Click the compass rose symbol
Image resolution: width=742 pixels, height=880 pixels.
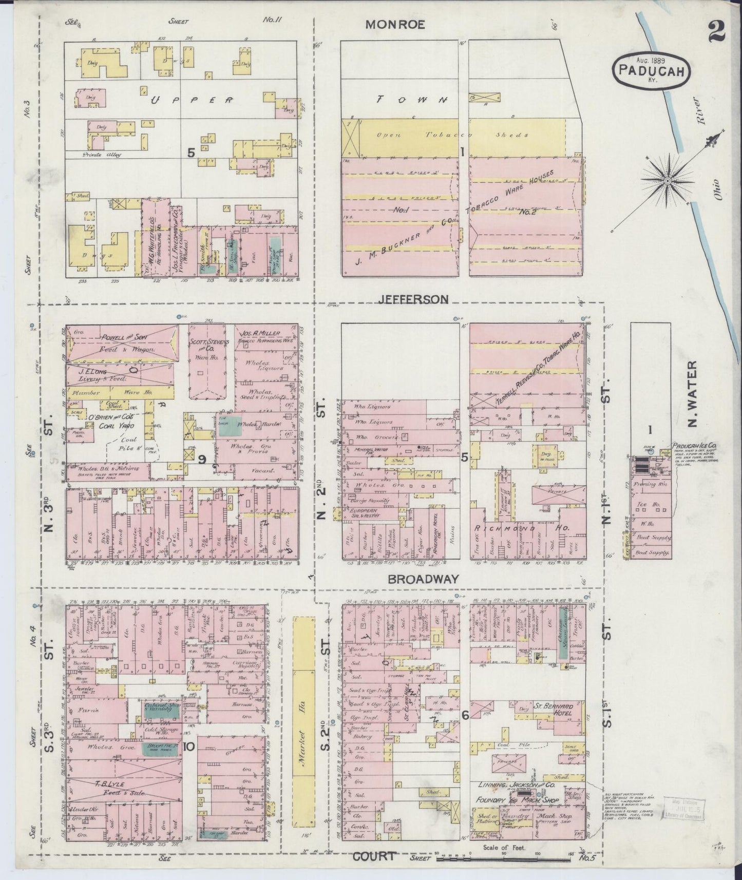667,181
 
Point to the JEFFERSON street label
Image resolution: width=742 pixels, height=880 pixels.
413,298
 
